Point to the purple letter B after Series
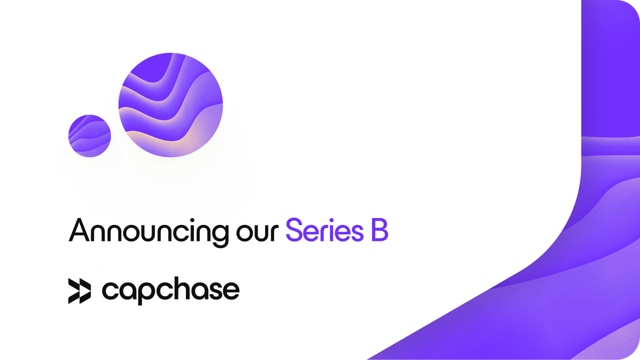click(379, 231)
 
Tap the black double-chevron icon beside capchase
click(79, 290)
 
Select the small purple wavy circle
click(89, 136)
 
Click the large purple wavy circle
click(170, 104)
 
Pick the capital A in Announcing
click(80, 230)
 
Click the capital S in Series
click(295, 231)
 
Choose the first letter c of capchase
click(110, 291)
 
